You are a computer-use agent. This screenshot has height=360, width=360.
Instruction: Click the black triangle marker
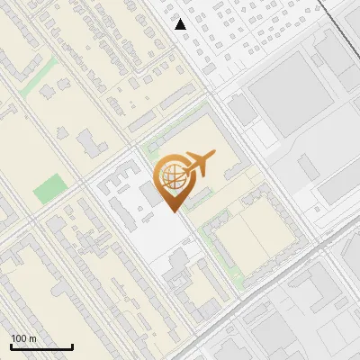coord(181,24)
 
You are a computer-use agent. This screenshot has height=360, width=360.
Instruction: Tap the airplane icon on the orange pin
coord(198,165)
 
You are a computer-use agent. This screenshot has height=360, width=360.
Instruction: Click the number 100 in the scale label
coord(20,338)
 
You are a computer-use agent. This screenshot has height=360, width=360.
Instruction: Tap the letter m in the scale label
coord(33,338)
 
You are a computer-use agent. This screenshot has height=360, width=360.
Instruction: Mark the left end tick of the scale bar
coord(11,346)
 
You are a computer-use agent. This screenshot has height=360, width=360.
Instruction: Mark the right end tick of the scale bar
coord(72,346)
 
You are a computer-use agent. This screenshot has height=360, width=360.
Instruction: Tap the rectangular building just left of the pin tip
coord(148,195)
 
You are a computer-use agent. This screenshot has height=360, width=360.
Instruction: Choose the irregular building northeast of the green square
coord(91,142)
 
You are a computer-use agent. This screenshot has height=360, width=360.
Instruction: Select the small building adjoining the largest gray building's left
coord(241,110)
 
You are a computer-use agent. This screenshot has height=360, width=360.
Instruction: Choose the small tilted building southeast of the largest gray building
coord(309,166)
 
